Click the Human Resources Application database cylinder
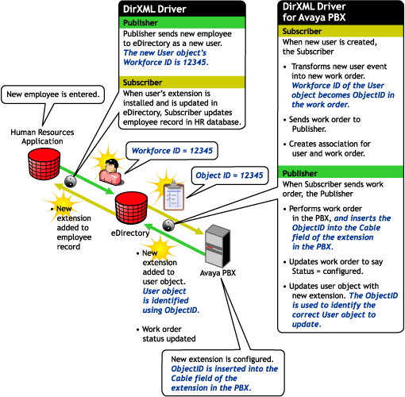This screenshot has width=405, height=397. (x=44, y=164)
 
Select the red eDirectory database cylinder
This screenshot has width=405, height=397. (x=131, y=208)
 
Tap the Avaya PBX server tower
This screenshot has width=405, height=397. (x=218, y=246)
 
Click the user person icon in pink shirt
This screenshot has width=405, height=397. (x=111, y=172)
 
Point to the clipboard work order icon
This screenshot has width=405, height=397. (x=173, y=195)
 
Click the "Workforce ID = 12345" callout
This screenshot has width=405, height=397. (x=172, y=151)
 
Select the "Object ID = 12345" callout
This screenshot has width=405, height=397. (x=229, y=175)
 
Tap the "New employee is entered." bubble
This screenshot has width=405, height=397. (x=53, y=94)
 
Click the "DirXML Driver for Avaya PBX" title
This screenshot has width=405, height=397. (x=314, y=12)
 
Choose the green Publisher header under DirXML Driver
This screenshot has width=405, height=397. (x=182, y=23)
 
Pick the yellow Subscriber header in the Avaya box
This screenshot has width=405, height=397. (x=341, y=31)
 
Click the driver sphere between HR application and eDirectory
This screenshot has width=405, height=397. (x=71, y=182)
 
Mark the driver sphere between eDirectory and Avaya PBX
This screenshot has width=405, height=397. (x=168, y=225)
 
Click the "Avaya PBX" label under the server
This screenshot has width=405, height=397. (x=218, y=273)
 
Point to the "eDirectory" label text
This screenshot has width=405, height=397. (x=130, y=233)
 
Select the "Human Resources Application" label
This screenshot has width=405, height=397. (x=42, y=137)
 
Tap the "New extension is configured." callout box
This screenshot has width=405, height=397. (x=223, y=373)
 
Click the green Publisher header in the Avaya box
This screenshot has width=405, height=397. (x=341, y=173)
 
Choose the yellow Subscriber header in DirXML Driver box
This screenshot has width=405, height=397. (x=182, y=83)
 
